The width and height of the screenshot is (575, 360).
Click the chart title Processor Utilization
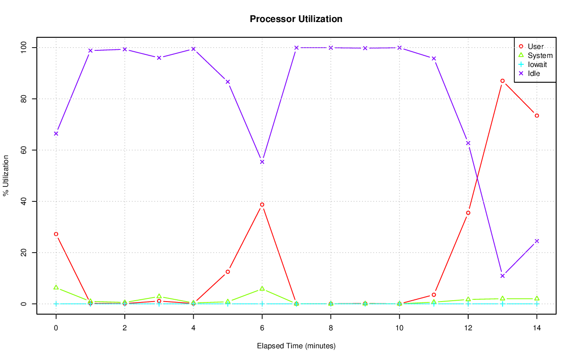click(x=296, y=19)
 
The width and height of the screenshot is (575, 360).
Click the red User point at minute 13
click(x=502, y=81)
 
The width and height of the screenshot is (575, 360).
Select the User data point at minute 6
click(x=262, y=204)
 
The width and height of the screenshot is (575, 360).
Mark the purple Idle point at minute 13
click(x=502, y=276)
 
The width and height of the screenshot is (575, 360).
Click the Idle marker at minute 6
click(x=262, y=162)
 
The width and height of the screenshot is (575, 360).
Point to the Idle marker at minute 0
click(x=56, y=133)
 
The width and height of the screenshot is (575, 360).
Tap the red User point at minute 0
click(x=56, y=234)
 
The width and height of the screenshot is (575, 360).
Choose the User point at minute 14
click(x=536, y=116)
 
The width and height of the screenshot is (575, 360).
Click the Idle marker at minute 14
click(x=536, y=241)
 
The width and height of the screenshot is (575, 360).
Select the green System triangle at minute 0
click(x=56, y=287)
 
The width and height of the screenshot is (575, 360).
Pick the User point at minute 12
click(x=468, y=213)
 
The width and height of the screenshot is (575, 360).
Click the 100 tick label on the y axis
click(x=23, y=47)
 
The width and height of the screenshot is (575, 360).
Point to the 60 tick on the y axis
click(x=23, y=150)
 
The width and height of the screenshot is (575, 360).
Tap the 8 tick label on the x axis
click(x=331, y=329)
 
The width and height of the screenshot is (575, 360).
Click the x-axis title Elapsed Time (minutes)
click(x=296, y=346)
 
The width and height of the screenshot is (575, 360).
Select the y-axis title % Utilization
click(x=6, y=175)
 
